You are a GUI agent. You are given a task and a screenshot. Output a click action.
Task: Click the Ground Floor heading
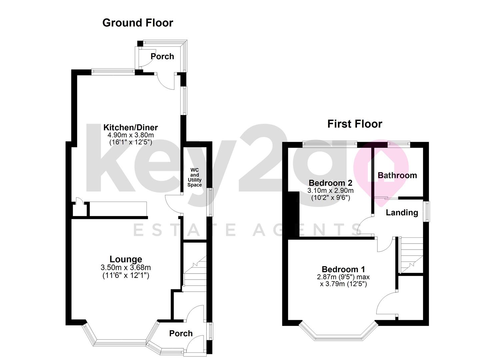[138, 23]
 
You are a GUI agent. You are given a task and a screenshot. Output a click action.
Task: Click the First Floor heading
[354, 124]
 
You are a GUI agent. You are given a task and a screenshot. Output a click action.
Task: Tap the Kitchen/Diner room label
[130, 127]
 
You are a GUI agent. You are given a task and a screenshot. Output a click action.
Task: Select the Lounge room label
[126, 259]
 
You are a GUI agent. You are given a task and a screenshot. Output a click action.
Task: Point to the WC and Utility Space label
[194, 177]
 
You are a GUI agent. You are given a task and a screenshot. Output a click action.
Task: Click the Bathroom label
[397, 175]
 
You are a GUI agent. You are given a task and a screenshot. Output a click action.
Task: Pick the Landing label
[402, 212]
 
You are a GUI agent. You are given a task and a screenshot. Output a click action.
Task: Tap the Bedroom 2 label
[330, 183]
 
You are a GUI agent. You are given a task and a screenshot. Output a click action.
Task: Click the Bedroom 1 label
[343, 269]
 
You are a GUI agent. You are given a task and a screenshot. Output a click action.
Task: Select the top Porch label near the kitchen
[162, 56]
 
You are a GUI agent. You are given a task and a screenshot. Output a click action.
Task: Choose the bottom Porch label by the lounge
[181, 333]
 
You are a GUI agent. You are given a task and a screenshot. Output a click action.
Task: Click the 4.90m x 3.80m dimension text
[130, 135]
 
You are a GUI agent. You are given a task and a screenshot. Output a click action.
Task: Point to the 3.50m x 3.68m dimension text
[126, 267]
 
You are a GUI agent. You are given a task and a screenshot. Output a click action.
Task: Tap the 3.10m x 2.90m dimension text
[330, 191]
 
